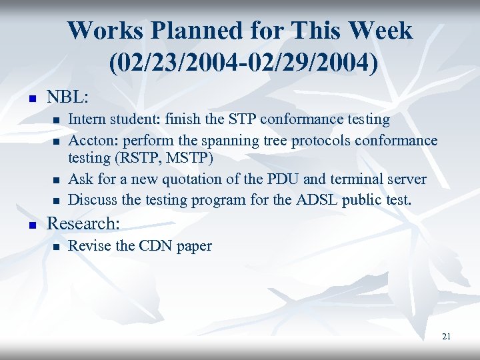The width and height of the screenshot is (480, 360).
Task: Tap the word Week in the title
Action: point(380,30)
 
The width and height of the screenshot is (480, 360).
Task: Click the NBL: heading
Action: point(67,97)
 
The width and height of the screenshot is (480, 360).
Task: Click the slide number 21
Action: point(446,337)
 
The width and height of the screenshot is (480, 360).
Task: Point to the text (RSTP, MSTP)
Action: point(161,159)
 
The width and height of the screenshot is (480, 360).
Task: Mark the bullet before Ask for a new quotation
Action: point(57,181)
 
